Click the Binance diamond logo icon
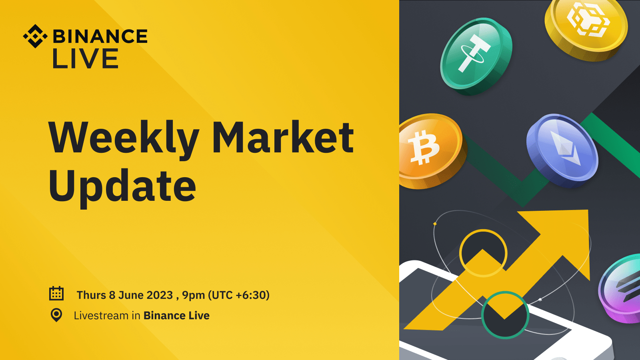click(35, 36)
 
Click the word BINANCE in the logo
click(100, 36)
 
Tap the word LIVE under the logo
click(86, 58)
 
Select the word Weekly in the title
click(124, 139)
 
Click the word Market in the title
click(283, 137)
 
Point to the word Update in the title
click(122, 187)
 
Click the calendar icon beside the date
click(56, 294)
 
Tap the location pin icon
click(56, 315)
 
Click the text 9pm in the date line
click(194, 296)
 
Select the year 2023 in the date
click(160, 295)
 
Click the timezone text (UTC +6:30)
click(239, 295)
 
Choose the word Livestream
click(101, 316)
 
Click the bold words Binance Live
click(176, 316)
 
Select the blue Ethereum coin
click(562, 151)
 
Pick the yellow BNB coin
click(586, 27)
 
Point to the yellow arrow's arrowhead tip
click(588, 210)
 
